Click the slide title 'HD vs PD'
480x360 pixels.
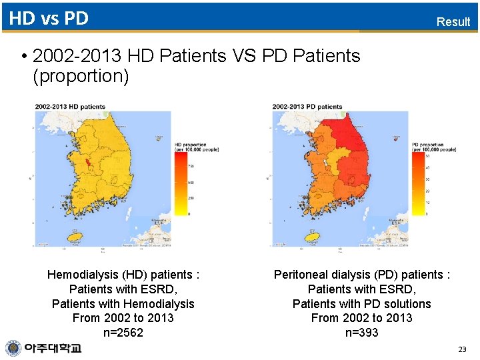(x=49, y=18)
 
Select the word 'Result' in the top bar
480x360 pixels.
(x=453, y=21)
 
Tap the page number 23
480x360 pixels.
(x=462, y=349)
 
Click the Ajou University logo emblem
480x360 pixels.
(x=13, y=348)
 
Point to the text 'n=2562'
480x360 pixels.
(x=123, y=333)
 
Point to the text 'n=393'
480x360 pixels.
(x=361, y=333)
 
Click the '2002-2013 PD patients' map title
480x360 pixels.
(x=307, y=107)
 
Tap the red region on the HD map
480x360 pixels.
(x=85, y=162)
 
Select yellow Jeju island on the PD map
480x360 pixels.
(x=311, y=236)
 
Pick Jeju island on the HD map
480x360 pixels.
(x=75, y=236)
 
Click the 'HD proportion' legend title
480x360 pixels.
(x=191, y=145)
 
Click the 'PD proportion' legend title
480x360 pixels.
(x=427, y=145)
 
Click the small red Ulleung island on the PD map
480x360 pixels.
(x=396, y=139)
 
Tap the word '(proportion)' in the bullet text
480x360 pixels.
(x=81, y=76)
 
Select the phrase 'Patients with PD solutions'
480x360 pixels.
(x=361, y=303)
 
